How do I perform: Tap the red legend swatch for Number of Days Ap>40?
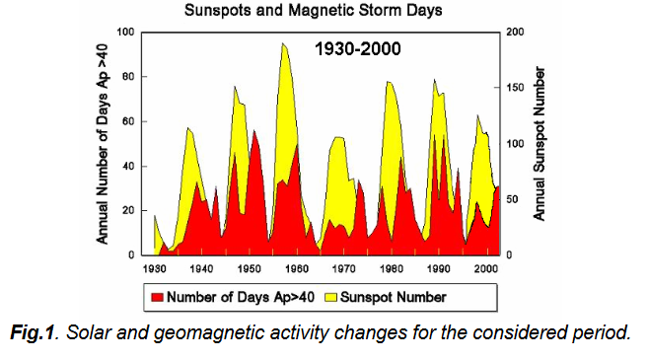[x=157, y=296]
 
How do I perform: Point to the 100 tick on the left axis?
[x=125, y=33]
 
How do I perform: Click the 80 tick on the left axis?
[x=128, y=77]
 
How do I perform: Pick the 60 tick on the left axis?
[x=128, y=121]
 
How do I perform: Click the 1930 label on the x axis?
[x=155, y=267]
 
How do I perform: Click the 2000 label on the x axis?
[x=486, y=267]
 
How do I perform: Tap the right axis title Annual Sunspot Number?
[x=540, y=144]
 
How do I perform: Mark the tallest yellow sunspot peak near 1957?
[x=283, y=44]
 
